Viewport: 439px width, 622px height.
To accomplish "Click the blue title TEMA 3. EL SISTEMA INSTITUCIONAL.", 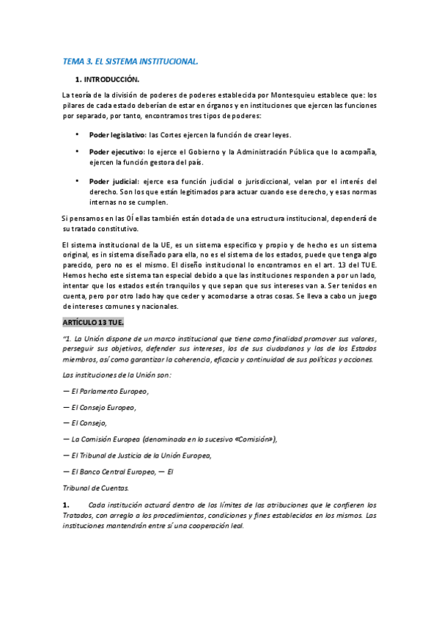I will point(130,62).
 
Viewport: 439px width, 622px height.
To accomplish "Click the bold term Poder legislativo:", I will point(117,135).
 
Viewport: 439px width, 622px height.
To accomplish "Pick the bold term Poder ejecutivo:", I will point(116,152).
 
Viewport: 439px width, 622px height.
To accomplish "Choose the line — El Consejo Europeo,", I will point(100,407).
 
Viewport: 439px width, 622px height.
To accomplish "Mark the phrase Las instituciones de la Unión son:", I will point(117,375).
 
